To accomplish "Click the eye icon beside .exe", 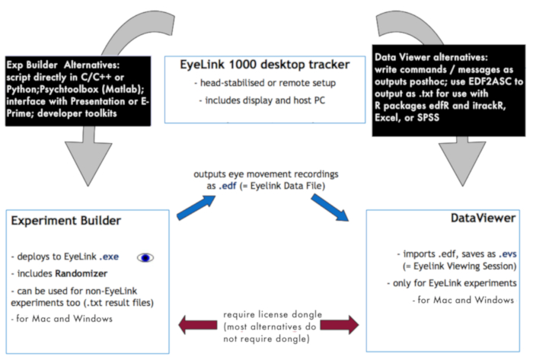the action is point(145,258).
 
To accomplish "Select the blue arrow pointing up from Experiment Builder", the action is point(196,208).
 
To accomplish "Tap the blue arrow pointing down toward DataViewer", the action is point(330,208).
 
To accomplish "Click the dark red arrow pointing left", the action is point(198,325).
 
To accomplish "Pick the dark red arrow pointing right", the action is point(340,325).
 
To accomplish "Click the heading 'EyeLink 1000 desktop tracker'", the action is point(265,65).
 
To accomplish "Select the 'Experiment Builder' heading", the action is point(66,221).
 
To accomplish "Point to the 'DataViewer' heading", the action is point(483,218).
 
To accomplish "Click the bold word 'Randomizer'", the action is point(81,273).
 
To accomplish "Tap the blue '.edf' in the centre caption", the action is point(228,186).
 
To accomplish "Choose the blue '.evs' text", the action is point(508,253).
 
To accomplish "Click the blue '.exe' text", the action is point(109,256).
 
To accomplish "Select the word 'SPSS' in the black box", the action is point(428,117).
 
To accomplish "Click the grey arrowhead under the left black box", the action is point(88,164).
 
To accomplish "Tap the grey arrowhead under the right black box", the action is point(462,164).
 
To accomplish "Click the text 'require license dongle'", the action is point(273,314).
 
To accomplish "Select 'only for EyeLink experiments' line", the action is point(452,283).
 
